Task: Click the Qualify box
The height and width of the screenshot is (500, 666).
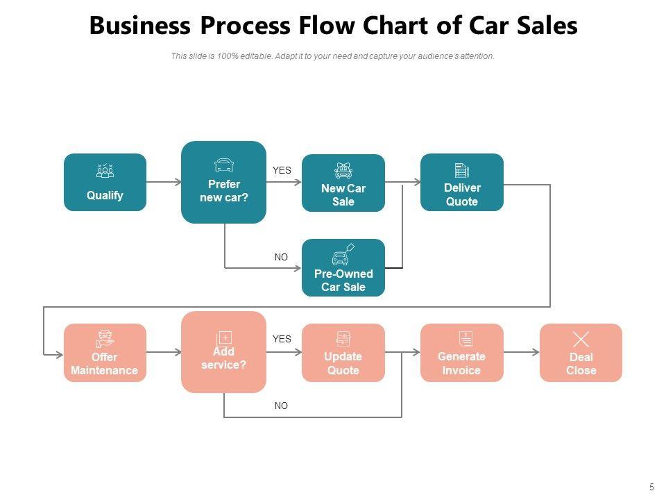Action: coord(105,182)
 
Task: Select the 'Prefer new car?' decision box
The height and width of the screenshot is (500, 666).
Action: coord(223,182)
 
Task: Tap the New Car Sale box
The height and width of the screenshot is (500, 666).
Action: coord(343,183)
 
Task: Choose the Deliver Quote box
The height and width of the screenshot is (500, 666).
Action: coord(461,182)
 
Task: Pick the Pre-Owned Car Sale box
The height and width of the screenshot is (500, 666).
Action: coord(343,267)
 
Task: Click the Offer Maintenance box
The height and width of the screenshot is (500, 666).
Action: coord(105,352)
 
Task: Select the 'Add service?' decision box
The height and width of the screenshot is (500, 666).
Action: coord(223,352)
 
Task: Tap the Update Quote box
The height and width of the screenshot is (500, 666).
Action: coord(343,352)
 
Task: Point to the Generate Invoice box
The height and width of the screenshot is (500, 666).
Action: coord(461,352)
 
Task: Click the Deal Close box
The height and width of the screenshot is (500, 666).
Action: coord(581,352)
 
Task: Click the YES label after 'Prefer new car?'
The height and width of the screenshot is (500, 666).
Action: coord(282,170)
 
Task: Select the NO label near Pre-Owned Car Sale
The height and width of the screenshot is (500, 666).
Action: coord(281,257)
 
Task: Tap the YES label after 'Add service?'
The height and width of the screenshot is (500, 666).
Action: coord(282,339)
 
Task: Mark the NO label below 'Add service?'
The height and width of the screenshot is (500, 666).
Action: coord(281,406)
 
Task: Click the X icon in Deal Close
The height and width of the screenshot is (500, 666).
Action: coord(581,339)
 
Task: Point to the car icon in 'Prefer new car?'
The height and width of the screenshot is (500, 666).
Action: coord(224,165)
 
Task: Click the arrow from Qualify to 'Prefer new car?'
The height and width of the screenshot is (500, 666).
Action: coord(164,182)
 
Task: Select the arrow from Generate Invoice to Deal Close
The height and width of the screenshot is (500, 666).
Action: coord(521,352)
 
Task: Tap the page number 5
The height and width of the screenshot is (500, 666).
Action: coord(651,487)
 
